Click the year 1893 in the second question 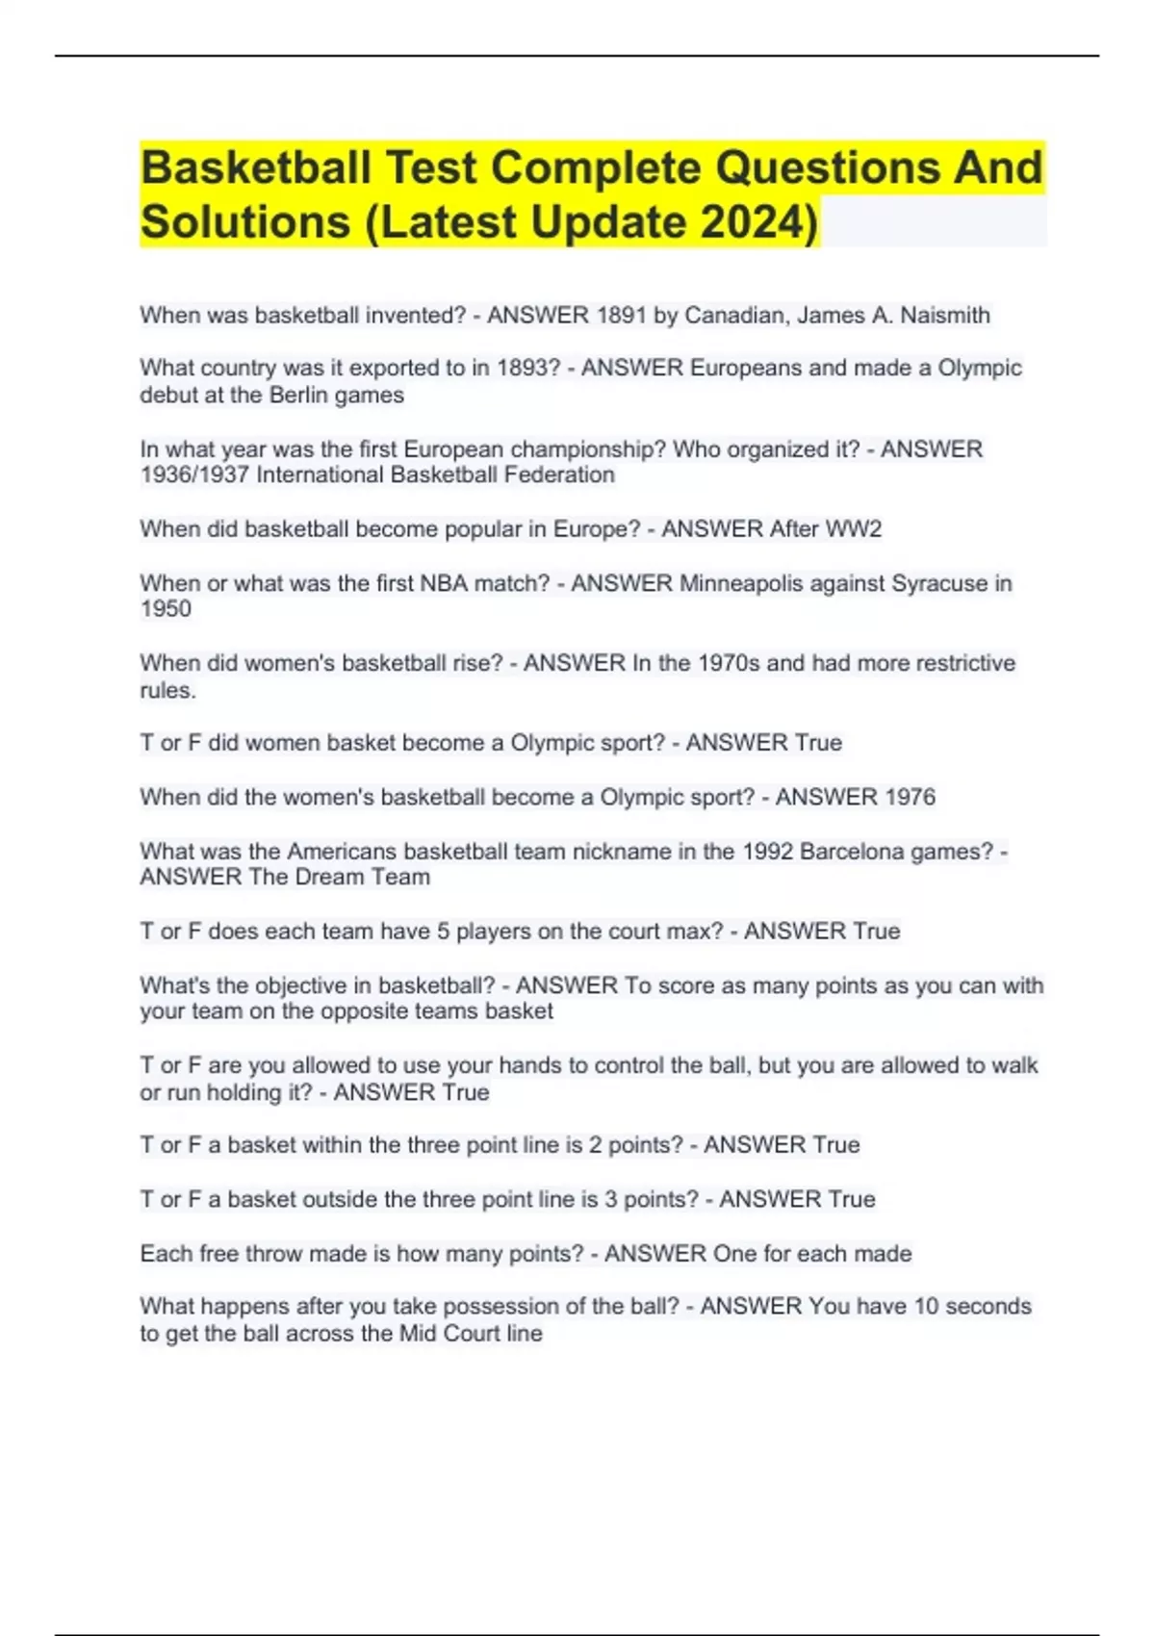527,369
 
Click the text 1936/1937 194,475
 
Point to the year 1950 166,609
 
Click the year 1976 910,797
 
